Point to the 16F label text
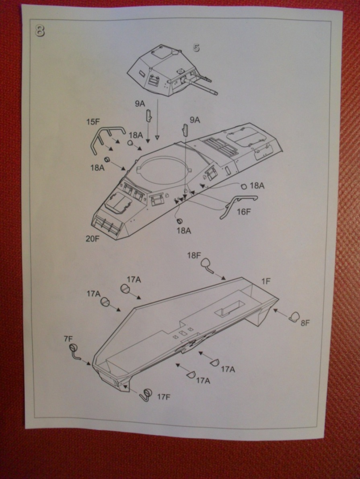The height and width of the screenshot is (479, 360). (x=243, y=212)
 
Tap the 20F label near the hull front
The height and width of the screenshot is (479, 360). (x=92, y=238)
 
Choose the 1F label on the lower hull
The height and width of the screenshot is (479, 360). (x=266, y=281)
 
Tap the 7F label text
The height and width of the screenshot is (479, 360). (x=68, y=338)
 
